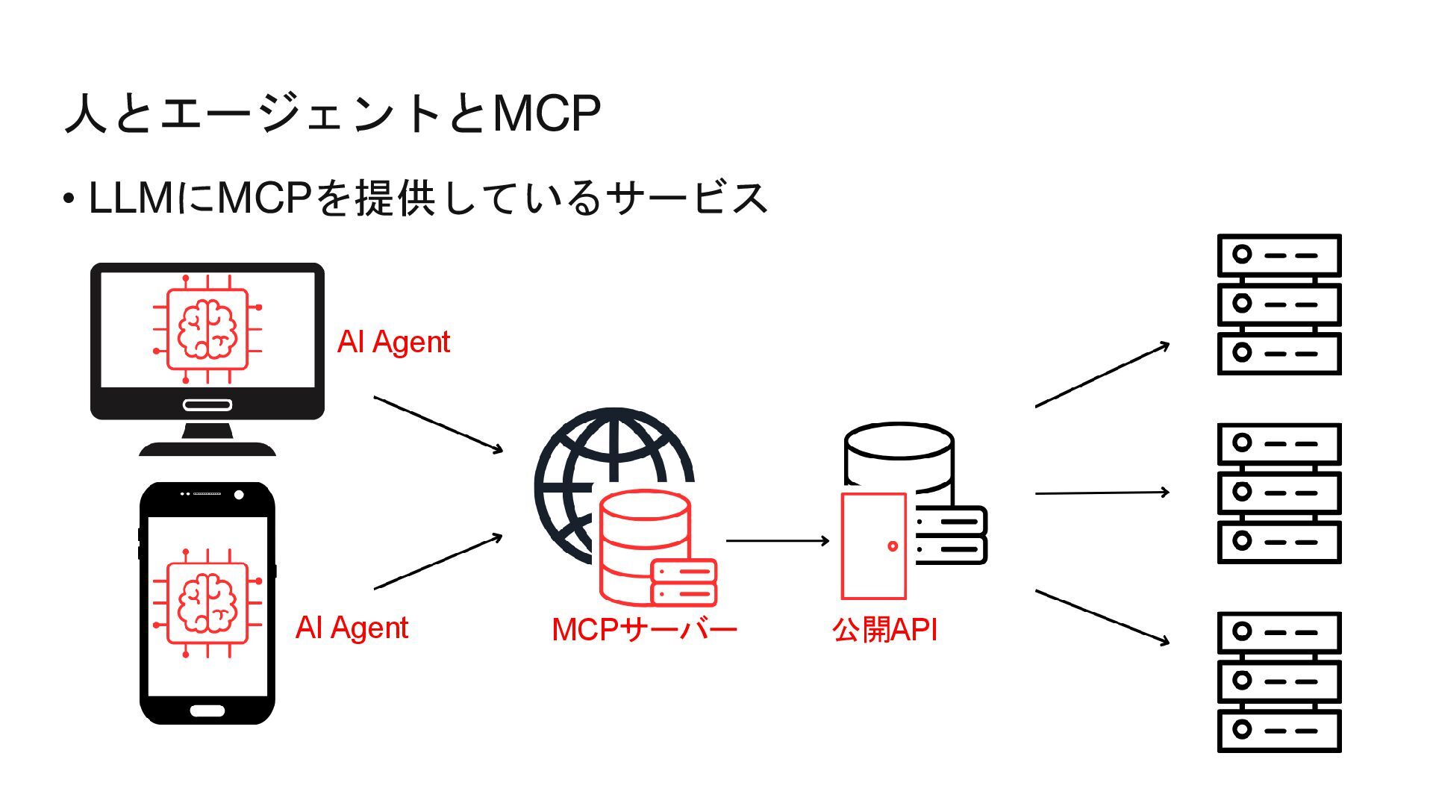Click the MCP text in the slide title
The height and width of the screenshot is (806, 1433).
(546, 113)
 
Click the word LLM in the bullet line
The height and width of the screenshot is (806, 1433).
(131, 199)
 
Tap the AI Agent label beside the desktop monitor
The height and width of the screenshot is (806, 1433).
(393, 342)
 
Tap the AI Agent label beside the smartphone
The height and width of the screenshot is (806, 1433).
(352, 628)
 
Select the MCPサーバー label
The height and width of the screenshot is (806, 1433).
(644, 630)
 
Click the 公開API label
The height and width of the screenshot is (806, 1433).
(884, 630)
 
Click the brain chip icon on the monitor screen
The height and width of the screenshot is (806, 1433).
(207, 328)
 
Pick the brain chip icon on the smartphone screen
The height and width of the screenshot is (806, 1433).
(207, 603)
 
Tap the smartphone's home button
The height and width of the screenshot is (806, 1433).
(207, 710)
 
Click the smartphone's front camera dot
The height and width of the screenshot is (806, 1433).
(239, 495)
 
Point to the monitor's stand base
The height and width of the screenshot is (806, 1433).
(207, 448)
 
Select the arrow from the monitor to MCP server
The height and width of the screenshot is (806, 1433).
(438, 424)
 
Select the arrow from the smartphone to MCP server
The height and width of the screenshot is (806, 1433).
(438, 562)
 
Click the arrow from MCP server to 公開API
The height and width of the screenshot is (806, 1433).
(777, 540)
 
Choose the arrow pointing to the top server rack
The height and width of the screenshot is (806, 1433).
(1102, 375)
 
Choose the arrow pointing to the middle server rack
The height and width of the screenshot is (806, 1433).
(1102, 493)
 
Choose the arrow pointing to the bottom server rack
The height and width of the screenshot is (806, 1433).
(1102, 616)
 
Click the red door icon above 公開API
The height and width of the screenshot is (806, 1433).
(873, 546)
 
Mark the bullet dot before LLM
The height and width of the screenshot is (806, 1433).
(69, 199)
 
